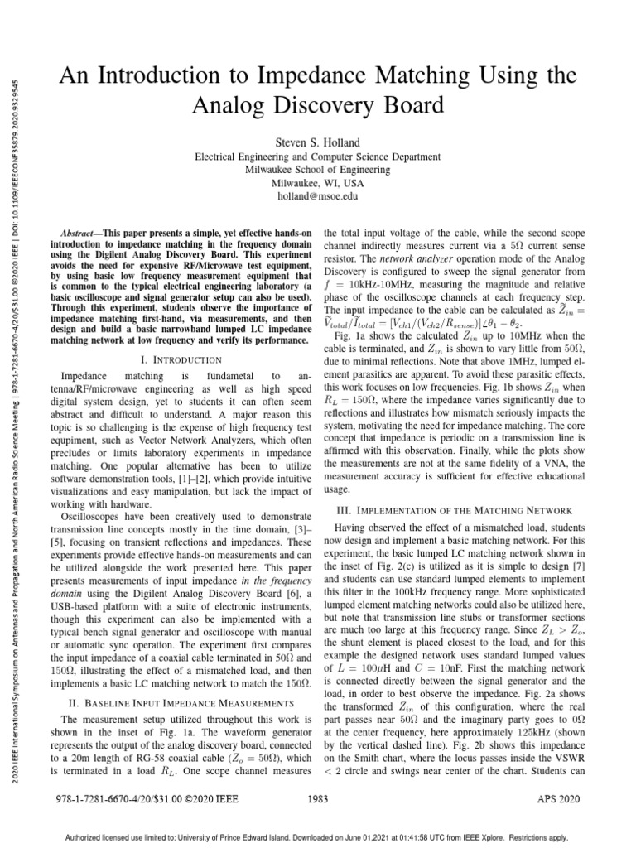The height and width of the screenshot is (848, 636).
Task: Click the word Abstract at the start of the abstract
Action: pyautogui.click(x=81, y=235)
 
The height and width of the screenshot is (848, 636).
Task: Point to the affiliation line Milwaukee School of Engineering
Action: pyautogui.click(x=317, y=169)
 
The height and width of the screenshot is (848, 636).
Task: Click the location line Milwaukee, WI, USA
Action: pyautogui.click(x=317, y=184)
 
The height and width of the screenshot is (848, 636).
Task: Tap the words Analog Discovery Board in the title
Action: pyautogui.click(x=317, y=106)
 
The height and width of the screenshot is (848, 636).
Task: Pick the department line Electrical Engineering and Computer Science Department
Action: pyautogui.click(x=317, y=155)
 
